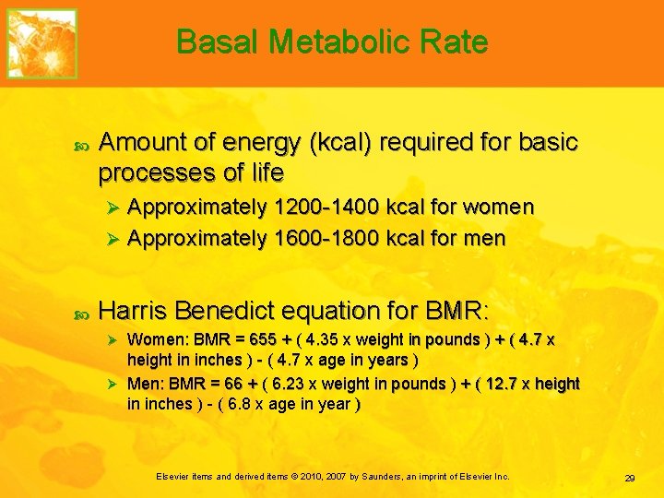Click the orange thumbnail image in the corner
tap(42, 43)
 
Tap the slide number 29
tap(630, 478)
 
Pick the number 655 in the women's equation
tap(249, 339)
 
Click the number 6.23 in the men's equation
tap(288, 384)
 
